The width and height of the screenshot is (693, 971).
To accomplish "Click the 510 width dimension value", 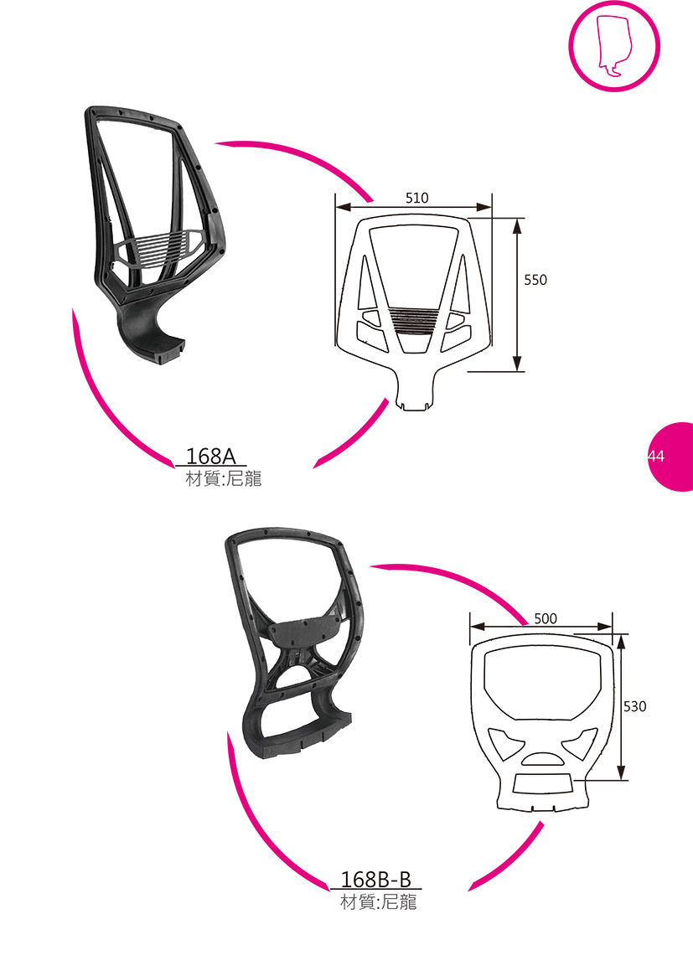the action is tap(416, 198).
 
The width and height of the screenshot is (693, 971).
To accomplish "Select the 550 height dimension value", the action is tap(535, 280).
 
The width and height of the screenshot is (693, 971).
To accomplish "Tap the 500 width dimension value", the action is tap(545, 618).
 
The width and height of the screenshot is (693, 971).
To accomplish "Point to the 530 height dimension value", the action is tap(635, 706).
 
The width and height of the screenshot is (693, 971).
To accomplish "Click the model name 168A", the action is tap(211, 456).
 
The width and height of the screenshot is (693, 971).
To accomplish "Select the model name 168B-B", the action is tap(376, 880).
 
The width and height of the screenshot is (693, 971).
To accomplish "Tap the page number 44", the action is tap(656, 457).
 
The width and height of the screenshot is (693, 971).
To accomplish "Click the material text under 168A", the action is tap(224, 478).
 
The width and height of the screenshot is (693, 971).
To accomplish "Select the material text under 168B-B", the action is tap(379, 901).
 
